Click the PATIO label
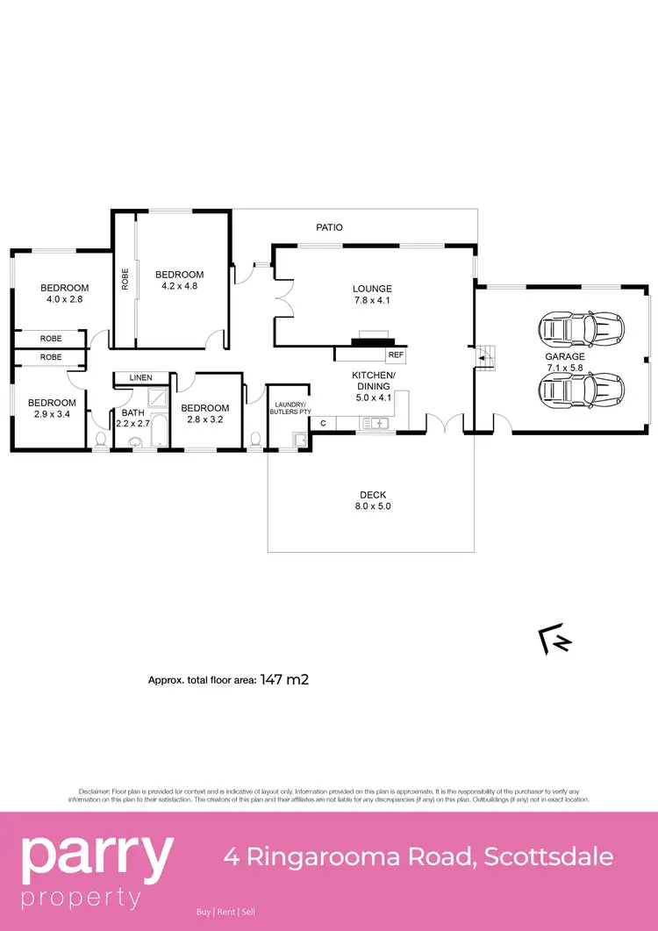pos(330,227)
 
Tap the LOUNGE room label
pos(372,289)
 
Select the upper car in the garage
pos(582,330)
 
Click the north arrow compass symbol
pos(554,641)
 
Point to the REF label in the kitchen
pos(396,355)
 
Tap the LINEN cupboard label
pos(140,377)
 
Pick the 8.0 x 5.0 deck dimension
pos(372,506)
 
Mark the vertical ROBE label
pos(125,279)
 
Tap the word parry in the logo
pos(97,857)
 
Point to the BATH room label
pos(133,412)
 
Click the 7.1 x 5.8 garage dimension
pos(565,369)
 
